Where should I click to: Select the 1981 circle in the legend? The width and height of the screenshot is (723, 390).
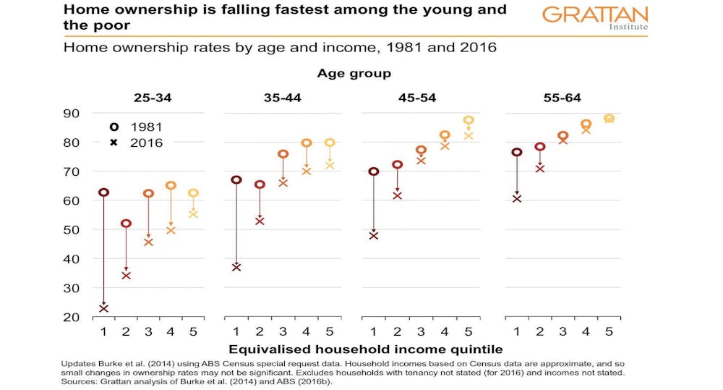tap(114, 127)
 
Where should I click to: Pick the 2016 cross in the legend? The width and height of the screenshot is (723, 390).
tap(114, 143)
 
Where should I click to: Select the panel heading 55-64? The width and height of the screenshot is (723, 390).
tap(562, 98)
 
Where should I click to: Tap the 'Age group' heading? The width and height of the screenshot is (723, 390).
tap(354, 74)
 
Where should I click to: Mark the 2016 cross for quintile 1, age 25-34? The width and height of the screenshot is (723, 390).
tap(104, 308)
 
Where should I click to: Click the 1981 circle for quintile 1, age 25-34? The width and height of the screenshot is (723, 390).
tap(104, 192)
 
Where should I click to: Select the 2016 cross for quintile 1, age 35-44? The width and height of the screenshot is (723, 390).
tap(236, 267)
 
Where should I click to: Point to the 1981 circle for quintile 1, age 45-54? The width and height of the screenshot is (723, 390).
tap(373, 171)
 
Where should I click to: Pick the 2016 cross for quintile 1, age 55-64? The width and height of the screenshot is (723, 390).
tap(516, 198)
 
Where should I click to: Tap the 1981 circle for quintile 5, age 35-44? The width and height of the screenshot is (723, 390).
tap(330, 143)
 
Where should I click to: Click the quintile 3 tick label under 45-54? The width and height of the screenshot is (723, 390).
tap(421, 331)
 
